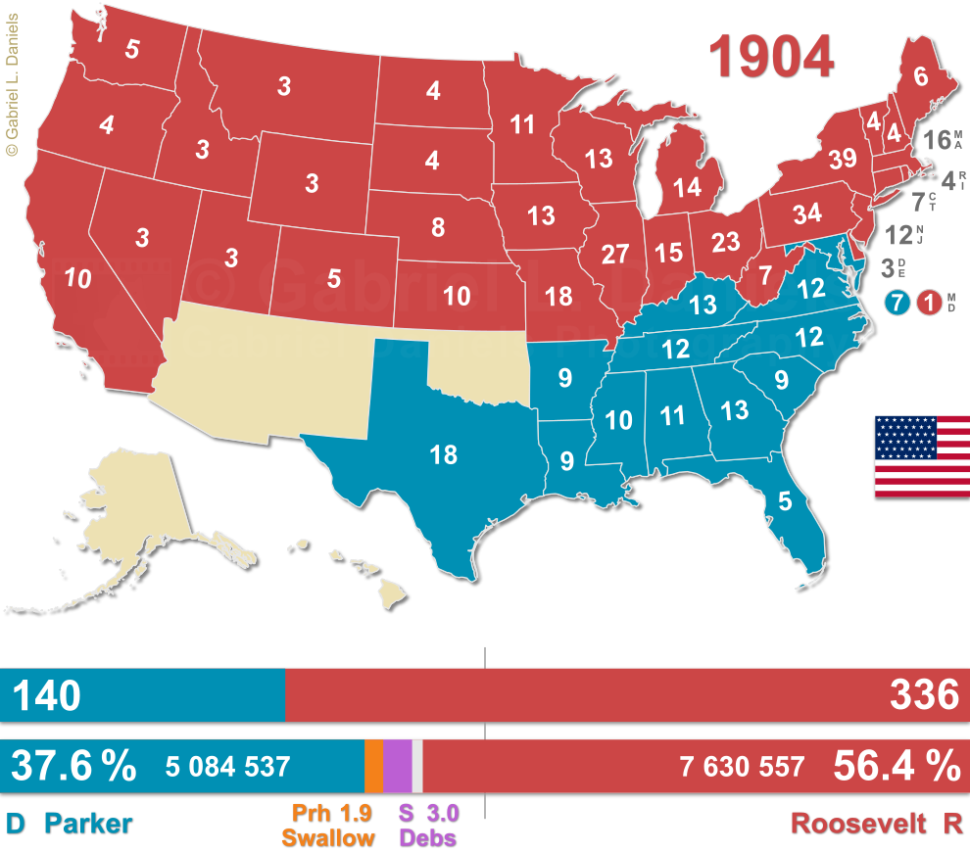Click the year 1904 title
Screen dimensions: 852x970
coord(773,56)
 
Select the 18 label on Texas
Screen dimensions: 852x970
coord(443,453)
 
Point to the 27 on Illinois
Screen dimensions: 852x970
coord(614,255)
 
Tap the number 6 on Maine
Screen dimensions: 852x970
coord(920,76)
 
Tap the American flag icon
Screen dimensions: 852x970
coord(922,456)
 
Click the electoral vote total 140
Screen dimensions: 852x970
coord(46,695)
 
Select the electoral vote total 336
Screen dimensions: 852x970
coord(924,695)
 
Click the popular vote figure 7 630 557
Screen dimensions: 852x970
coord(742,767)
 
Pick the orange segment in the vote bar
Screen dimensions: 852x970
coord(373,766)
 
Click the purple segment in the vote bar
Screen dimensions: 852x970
coord(397,766)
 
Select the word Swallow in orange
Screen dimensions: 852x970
coord(328,837)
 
